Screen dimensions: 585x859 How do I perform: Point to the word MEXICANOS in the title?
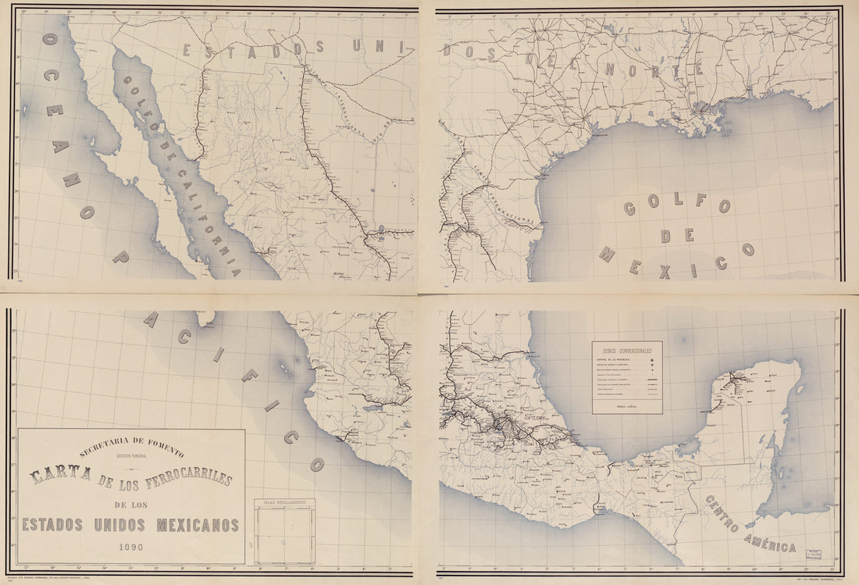pyautogui.click(x=198, y=524)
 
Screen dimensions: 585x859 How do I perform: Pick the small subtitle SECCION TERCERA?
pyautogui.click(x=131, y=458)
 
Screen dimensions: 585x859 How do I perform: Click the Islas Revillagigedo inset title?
pyautogui.click(x=284, y=502)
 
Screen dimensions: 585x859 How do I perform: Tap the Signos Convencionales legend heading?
pyautogui.click(x=626, y=351)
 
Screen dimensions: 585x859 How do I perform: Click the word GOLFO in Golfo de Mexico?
pyautogui.click(x=676, y=205)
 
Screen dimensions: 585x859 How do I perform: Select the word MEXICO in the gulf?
pyautogui.click(x=676, y=262)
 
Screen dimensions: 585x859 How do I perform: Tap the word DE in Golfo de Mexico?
pyautogui.click(x=676, y=235)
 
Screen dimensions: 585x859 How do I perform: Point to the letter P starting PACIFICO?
pyautogui.click(x=120, y=257)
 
